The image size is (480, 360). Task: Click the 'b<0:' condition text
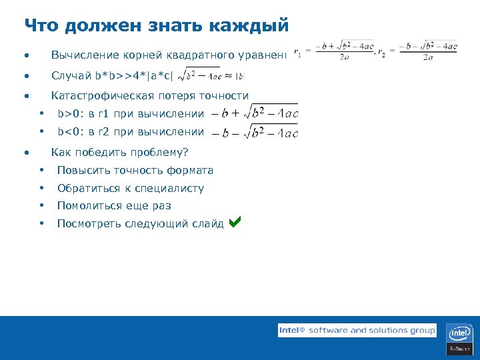coord(70,131)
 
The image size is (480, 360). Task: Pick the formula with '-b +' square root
coord(254,113)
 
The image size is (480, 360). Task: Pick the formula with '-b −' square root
coord(254,132)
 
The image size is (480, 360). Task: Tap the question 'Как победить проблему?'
coord(120,152)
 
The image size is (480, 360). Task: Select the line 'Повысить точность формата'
coord(135,170)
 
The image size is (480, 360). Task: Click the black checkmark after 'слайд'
coord(234,222)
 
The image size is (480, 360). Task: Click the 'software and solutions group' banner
coord(357,330)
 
